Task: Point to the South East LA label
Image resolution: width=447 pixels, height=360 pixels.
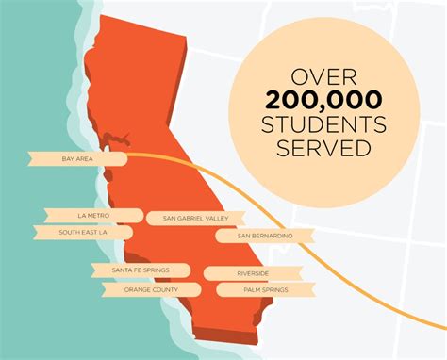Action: point(80,232)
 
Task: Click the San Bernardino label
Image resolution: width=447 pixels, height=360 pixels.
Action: point(258,235)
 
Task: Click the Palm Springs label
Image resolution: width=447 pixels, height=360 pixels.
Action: point(255,290)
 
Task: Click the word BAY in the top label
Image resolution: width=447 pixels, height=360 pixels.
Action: point(69,159)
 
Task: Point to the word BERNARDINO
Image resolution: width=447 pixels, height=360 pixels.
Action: point(268,235)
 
